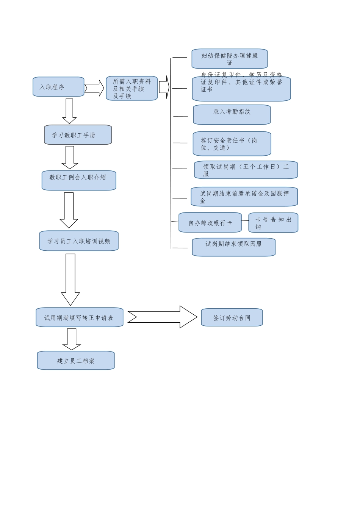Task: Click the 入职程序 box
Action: pos(58,87)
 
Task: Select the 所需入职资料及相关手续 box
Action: pos(131,88)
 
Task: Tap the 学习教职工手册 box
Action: pos(78,135)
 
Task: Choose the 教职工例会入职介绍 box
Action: pos(79,180)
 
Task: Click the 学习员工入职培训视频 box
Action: pos(79,241)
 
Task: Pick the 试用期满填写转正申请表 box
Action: pos(79,317)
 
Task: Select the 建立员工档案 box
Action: pos(76,361)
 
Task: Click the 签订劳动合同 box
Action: pos(232,317)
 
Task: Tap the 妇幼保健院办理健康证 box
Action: pos(229,59)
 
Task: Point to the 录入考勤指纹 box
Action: pos(232,115)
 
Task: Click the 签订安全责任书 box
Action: pos(232,144)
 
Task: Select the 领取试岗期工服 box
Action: pos(246,170)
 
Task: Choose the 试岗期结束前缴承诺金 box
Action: pos(244,197)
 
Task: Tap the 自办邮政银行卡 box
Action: pos(210,223)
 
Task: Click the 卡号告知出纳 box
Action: pos(273,223)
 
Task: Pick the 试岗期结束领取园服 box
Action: pos(233,247)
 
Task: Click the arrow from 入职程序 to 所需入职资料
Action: pos(94,88)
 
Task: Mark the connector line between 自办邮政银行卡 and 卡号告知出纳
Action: pos(245,220)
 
